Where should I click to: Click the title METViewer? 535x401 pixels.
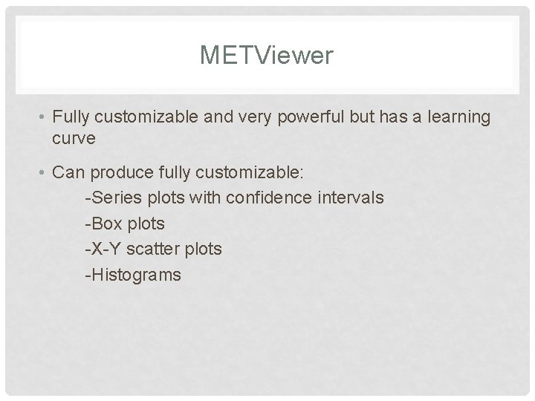(267, 55)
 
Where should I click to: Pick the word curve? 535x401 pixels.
(73, 138)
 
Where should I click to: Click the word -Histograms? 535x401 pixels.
(133, 275)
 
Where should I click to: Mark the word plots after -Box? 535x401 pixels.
(145, 224)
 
